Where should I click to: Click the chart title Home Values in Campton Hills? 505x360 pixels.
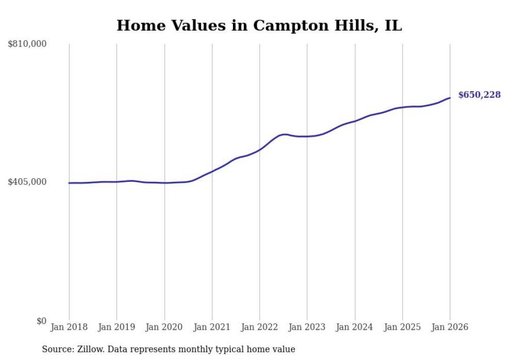click(259, 25)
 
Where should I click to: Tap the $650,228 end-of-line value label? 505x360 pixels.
click(479, 95)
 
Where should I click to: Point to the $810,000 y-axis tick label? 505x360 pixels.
click(27, 44)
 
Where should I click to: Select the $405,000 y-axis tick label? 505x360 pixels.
click(27, 182)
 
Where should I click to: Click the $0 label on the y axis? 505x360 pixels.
click(41, 321)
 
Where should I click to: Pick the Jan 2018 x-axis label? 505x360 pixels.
click(69, 327)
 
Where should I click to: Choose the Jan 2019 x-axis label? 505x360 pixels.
click(116, 327)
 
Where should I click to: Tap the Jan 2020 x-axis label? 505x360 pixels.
click(164, 327)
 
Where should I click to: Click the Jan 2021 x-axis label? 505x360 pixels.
click(212, 327)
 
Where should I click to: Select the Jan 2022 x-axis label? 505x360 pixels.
click(260, 327)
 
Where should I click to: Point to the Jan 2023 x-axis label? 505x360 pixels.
click(307, 327)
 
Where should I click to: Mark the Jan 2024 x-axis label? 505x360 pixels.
click(355, 327)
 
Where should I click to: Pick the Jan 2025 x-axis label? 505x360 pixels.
click(402, 327)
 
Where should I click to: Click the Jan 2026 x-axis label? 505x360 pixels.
click(450, 327)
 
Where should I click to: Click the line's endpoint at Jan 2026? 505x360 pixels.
click(450, 98)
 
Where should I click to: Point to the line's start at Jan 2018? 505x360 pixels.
click(69, 183)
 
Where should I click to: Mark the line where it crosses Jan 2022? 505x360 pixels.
click(260, 149)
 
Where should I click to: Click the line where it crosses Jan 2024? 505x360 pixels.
click(355, 121)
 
